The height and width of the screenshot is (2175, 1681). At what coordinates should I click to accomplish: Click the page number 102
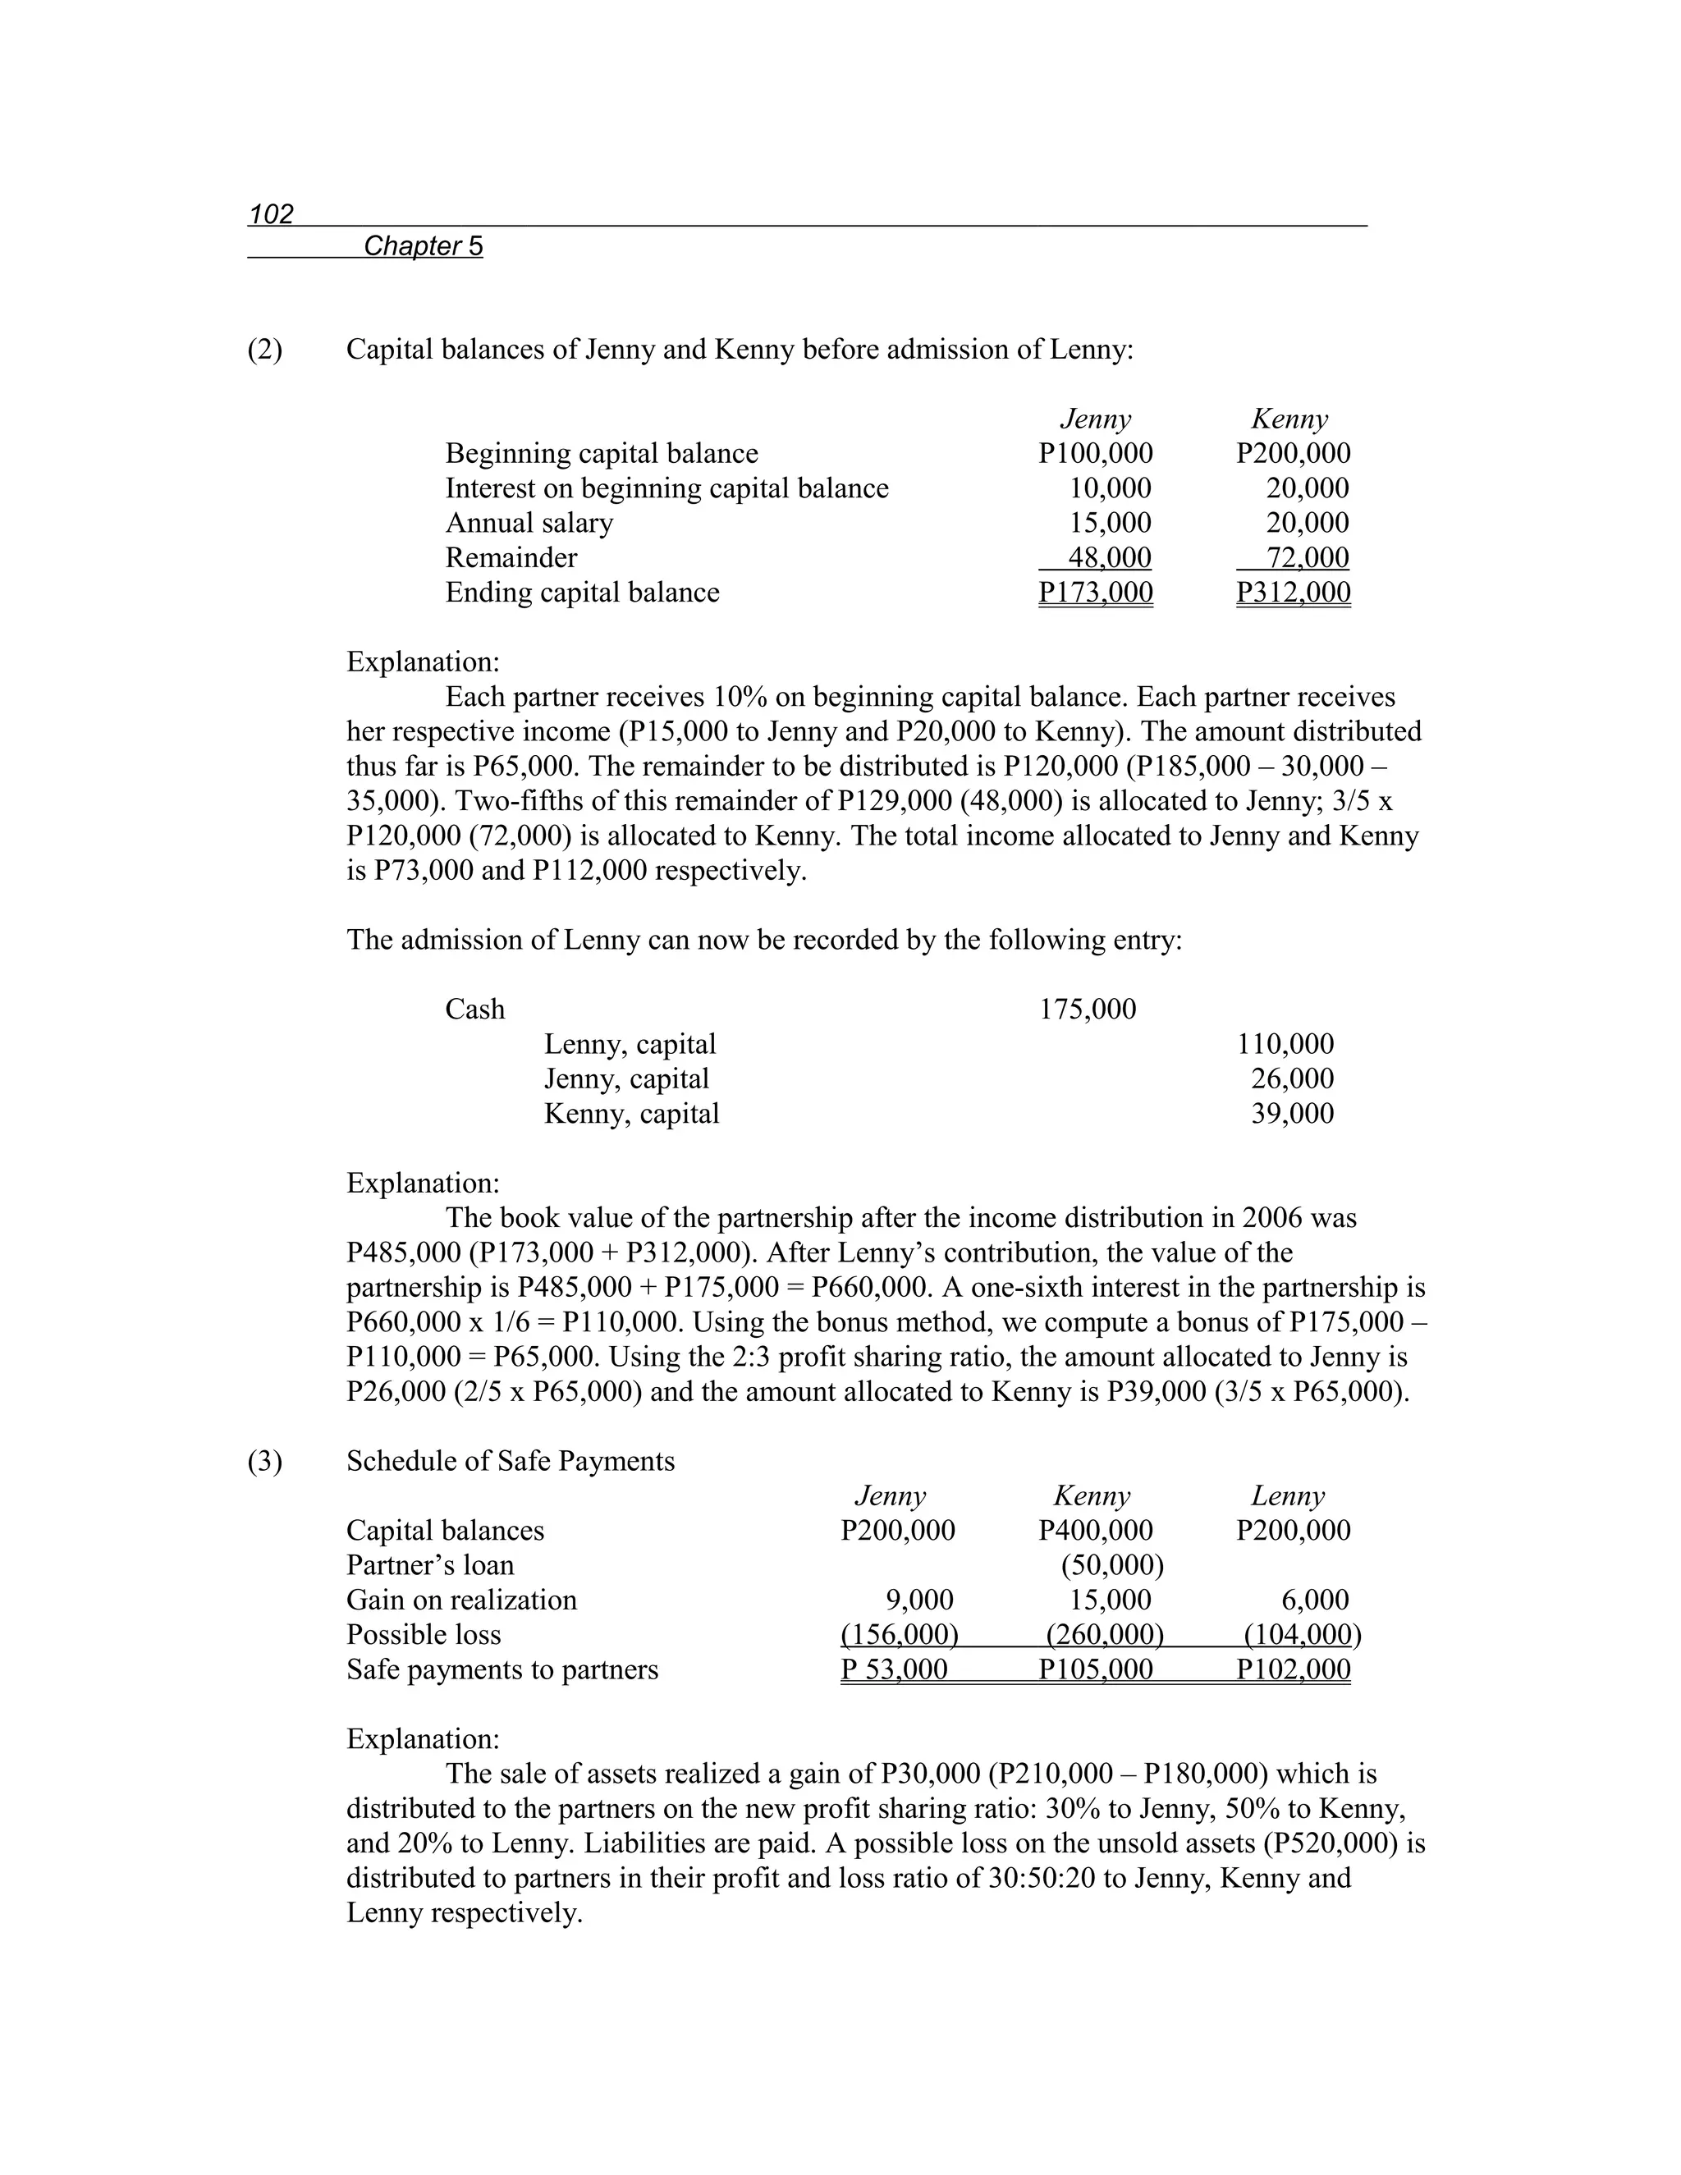click(x=271, y=214)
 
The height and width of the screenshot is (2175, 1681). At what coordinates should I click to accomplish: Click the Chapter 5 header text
click(x=424, y=246)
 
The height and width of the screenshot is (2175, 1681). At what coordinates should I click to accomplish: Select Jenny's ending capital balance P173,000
click(x=1094, y=593)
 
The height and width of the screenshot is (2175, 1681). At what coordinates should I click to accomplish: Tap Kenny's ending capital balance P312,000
click(x=1293, y=593)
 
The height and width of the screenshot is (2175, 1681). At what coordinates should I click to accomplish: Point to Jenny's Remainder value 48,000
click(x=1108, y=557)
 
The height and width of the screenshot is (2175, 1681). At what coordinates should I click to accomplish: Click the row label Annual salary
click(x=529, y=523)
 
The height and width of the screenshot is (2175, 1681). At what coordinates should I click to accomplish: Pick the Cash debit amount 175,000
click(x=1088, y=1010)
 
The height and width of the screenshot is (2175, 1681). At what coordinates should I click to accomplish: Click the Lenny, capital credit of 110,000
click(x=1285, y=1045)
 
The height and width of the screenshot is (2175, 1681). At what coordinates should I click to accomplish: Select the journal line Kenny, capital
click(x=631, y=1114)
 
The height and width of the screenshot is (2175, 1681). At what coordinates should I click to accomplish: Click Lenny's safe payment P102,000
click(x=1293, y=1670)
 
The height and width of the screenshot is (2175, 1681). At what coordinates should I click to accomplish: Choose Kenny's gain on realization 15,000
click(x=1110, y=1600)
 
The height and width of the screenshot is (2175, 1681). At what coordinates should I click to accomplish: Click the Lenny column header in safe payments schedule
click(x=1287, y=1495)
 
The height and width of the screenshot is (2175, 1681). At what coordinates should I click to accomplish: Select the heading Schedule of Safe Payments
click(x=510, y=1461)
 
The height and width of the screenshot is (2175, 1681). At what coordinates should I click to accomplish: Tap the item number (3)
click(x=265, y=1461)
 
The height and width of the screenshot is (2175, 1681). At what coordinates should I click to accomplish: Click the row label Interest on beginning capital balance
click(x=666, y=488)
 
